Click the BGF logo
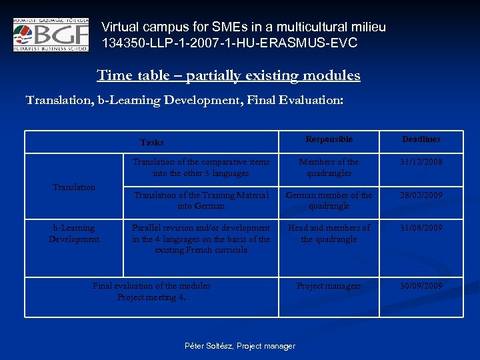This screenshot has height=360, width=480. click(x=50, y=35)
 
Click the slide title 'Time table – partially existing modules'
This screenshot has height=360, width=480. click(x=229, y=75)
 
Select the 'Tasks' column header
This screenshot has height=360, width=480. click(x=152, y=142)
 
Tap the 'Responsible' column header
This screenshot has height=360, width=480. click(x=329, y=139)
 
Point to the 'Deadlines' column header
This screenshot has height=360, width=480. click(x=421, y=139)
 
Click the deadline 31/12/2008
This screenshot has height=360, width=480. click(x=421, y=162)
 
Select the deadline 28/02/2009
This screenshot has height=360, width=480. click(x=421, y=195)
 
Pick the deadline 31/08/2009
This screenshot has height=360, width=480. click(x=421, y=228)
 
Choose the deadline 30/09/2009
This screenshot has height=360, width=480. click(x=421, y=286)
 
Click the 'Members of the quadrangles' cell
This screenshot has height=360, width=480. click(x=329, y=167)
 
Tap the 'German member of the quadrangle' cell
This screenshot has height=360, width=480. click(x=329, y=201)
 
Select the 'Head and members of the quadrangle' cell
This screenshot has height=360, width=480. click(x=329, y=233)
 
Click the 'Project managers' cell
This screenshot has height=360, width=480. click(x=329, y=286)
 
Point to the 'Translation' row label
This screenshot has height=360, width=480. click(x=74, y=187)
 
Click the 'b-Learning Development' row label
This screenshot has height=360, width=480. click(x=74, y=233)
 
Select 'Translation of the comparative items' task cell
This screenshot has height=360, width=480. click(x=201, y=167)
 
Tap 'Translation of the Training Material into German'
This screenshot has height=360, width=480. click(x=201, y=201)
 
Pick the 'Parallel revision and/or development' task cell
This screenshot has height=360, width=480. click(x=201, y=239)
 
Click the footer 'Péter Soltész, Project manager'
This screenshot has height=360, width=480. click(x=239, y=346)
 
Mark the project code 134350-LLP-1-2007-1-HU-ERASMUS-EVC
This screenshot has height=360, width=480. click(x=229, y=43)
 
